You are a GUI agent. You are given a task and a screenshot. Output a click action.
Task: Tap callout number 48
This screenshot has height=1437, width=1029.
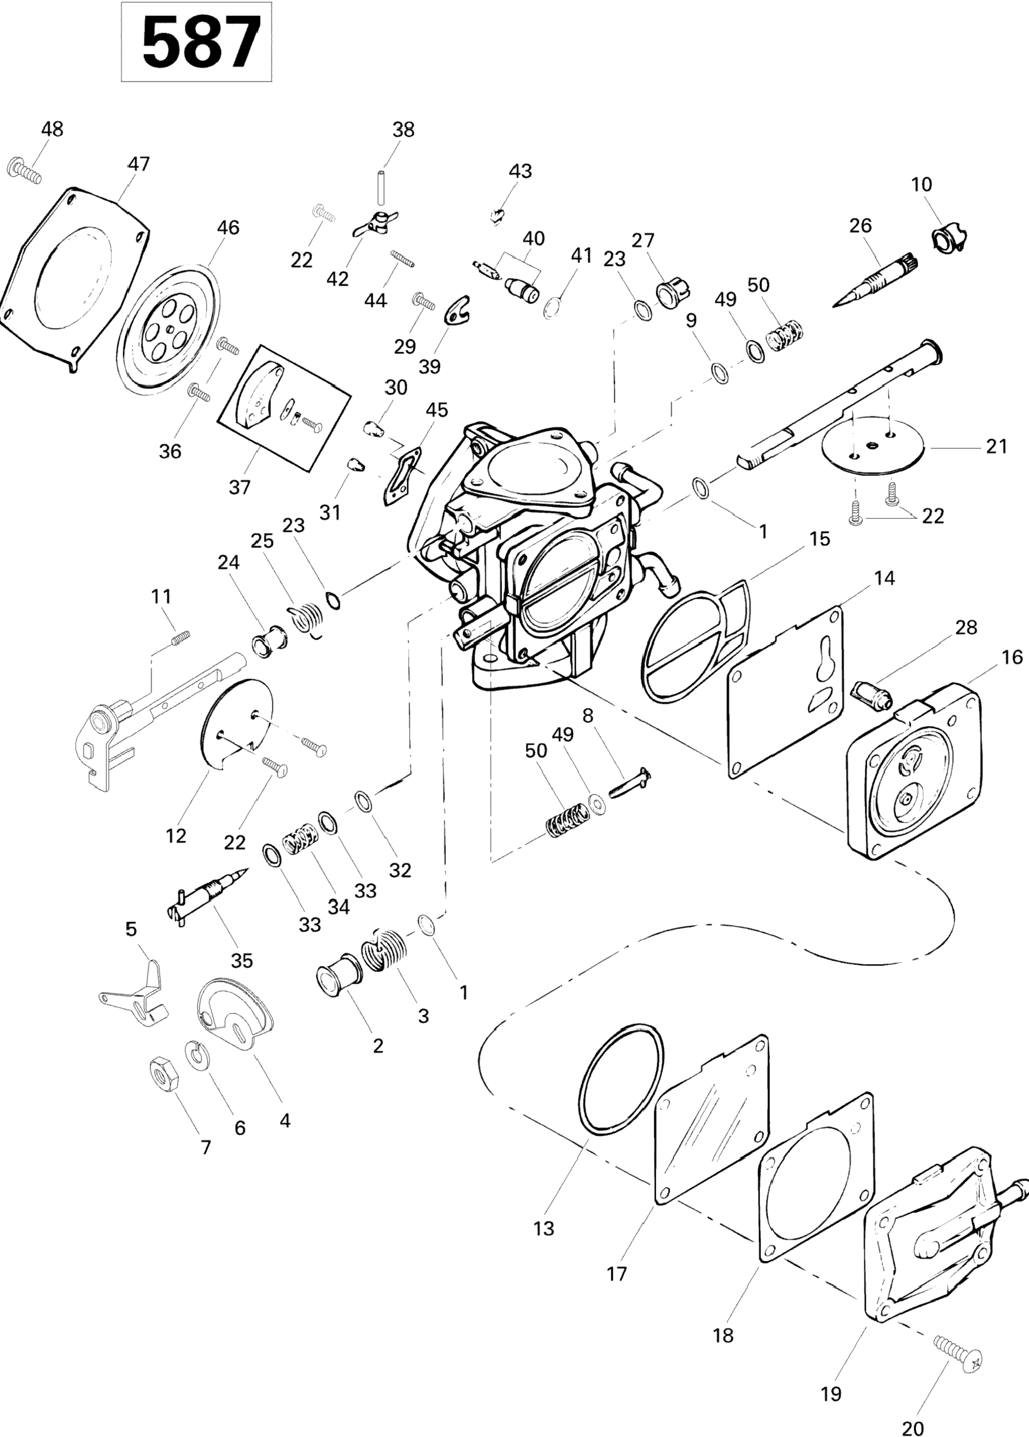pos(52,129)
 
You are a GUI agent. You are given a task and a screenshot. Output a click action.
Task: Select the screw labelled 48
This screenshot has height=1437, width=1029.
pos(23,171)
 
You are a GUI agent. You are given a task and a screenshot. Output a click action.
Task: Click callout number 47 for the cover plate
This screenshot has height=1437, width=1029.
pos(139,164)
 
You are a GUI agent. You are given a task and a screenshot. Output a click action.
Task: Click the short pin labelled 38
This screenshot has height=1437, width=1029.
pos(381,185)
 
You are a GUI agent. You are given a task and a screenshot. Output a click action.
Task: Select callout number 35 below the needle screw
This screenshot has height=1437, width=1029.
pos(242,960)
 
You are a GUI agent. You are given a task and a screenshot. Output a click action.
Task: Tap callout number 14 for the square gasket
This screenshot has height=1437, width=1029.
pos(885,578)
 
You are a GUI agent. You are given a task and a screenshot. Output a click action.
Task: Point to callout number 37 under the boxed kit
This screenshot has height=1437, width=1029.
pos(240,487)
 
